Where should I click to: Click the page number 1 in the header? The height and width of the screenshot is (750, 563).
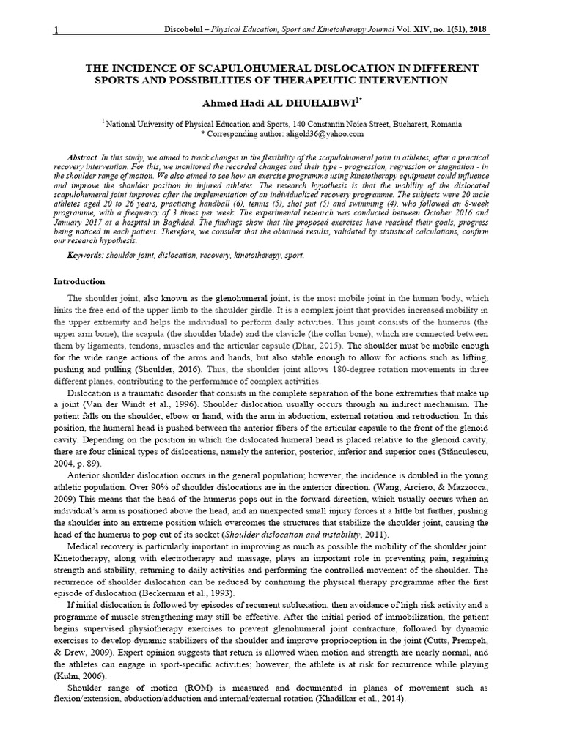pos(56,31)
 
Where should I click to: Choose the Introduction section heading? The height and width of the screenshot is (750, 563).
pos(80,281)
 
